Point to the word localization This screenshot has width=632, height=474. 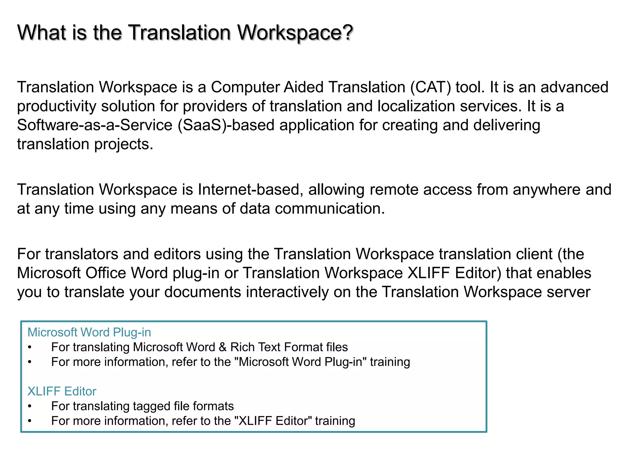tap(416, 106)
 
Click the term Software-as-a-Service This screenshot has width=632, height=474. tap(94, 125)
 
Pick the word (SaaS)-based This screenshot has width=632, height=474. tap(226, 125)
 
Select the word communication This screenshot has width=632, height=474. tap(330, 209)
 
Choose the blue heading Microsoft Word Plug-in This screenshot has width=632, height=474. tap(89, 332)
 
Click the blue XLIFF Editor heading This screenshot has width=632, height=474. tap(62, 391)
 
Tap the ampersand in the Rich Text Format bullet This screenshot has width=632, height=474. tap(222, 347)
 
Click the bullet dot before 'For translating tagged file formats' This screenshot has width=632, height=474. tap(30, 406)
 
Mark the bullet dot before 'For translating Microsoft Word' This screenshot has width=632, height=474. tap(30, 347)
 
